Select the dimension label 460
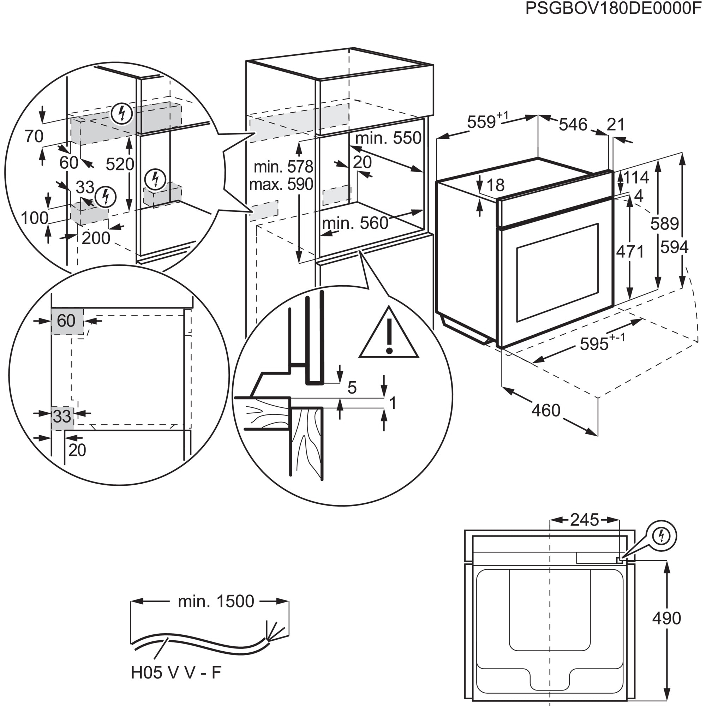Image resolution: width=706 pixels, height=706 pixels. [546, 411]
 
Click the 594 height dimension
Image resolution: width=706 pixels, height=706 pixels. [674, 247]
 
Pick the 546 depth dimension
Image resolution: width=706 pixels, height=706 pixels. [573, 125]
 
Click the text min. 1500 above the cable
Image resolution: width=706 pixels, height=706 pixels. [216, 602]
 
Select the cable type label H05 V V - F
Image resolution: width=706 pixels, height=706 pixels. [176, 672]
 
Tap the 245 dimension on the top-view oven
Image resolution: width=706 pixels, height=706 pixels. [585, 520]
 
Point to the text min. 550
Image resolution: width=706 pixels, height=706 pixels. [388, 138]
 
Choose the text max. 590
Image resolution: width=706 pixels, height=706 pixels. [281, 184]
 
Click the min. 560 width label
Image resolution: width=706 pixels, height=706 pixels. [355, 223]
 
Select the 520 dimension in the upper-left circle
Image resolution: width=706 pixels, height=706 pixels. [120, 164]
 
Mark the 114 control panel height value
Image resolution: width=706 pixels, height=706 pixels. [636, 178]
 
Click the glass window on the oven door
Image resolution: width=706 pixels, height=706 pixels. [557, 272]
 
